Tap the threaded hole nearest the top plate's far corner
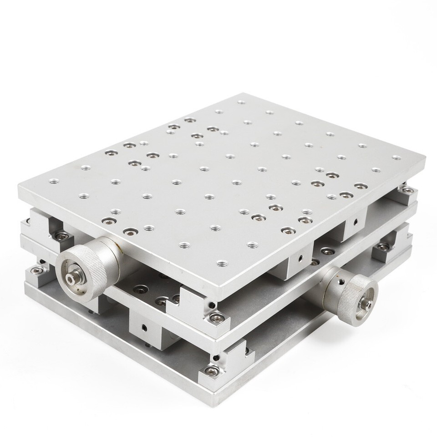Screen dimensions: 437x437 point(241,102)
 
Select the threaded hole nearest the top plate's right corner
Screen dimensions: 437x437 point(395,158)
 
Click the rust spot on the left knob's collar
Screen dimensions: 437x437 point(118,249)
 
